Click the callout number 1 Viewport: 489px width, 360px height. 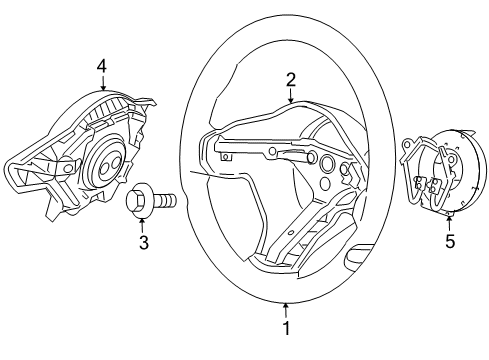coord(287,327)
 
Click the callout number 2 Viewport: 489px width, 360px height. coord(290,79)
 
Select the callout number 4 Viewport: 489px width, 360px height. coord(102,66)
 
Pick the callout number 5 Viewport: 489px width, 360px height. coord(449,240)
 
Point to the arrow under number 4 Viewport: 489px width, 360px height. coord(102,82)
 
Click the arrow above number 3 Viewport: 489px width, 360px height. coord(143,224)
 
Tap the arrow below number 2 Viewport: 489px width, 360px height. coord(290,96)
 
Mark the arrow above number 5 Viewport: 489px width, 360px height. coord(449,222)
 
